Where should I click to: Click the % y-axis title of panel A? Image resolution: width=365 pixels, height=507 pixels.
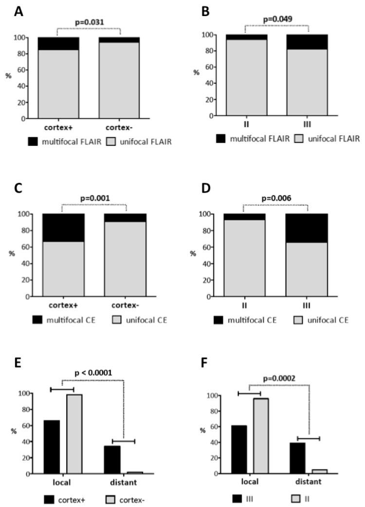point(8,76)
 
